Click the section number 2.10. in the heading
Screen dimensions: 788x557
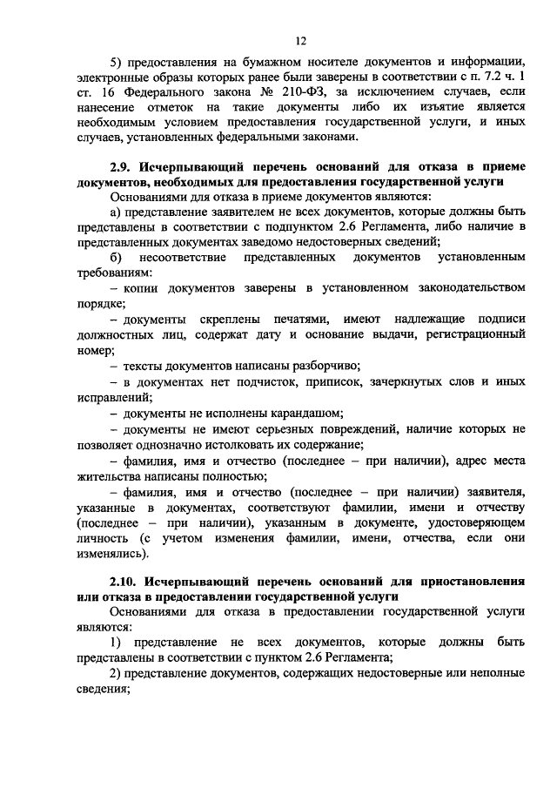(x=126, y=582)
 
